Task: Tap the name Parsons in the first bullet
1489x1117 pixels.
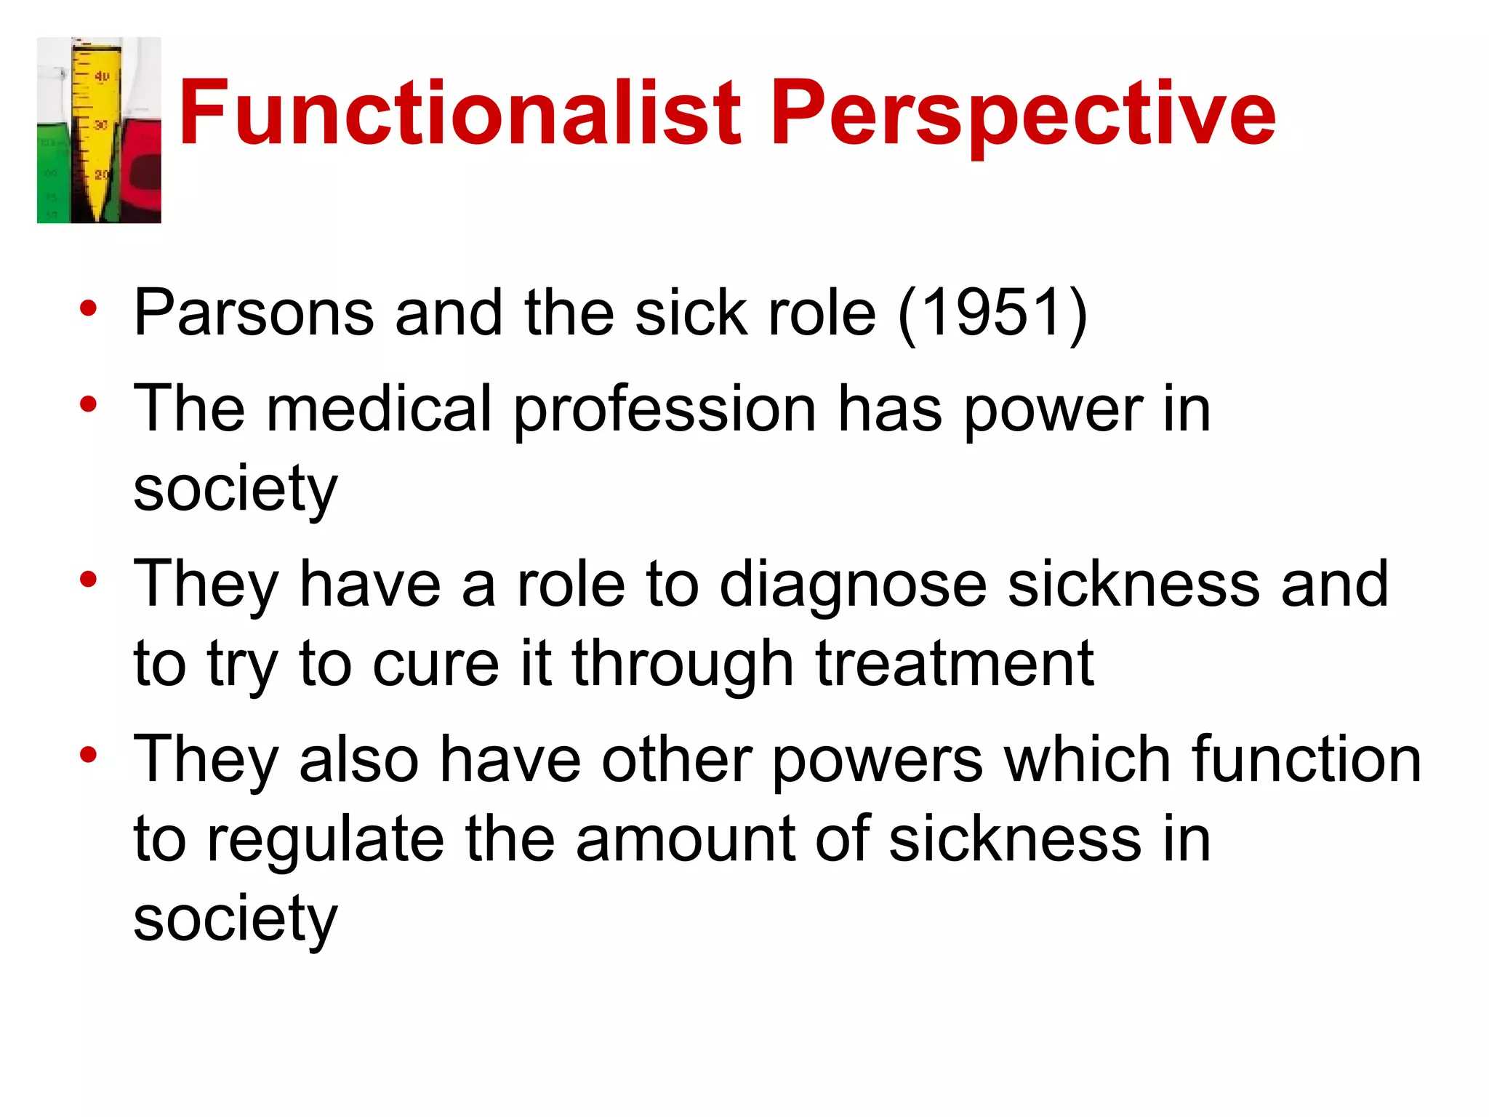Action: (254, 313)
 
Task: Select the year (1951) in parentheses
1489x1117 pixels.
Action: (992, 313)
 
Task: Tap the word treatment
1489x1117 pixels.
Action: (955, 663)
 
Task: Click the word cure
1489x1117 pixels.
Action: (436, 665)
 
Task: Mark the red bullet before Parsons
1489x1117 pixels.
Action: (88, 309)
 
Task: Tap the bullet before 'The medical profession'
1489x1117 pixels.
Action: (88, 404)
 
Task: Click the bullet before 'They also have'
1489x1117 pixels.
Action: (88, 755)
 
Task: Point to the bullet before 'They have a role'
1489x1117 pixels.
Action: (88, 580)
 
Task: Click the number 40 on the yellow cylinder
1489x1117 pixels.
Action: (102, 76)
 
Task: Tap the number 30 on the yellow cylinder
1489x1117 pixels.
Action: (100, 125)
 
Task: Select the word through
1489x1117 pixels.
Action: (683, 665)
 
